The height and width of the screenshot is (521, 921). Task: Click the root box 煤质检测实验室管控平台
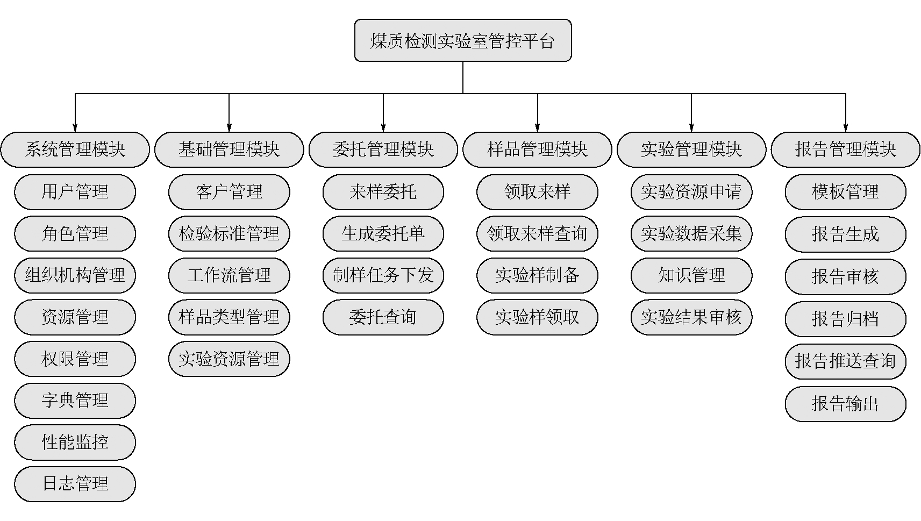click(463, 40)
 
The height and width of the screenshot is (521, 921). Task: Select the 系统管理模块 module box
click(75, 149)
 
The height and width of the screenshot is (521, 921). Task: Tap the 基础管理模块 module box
click(229, 149)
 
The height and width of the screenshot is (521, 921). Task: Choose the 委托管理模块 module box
click(383, 149)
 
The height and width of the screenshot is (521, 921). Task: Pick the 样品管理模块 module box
click(538, 149)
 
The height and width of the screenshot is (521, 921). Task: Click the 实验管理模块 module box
click(691, 149)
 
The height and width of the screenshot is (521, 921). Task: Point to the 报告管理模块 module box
click(845, 149)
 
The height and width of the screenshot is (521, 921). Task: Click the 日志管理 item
click(75, 484)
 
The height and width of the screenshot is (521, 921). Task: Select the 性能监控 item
click(75, 443)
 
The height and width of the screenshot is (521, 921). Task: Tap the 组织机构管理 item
click(75, 275)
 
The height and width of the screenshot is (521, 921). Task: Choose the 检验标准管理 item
click(229, 233)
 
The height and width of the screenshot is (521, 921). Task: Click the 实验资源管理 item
click(229, 359)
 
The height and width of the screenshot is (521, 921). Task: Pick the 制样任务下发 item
click(383, 275)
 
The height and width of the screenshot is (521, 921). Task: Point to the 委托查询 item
click(383, 317)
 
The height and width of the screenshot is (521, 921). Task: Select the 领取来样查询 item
click(538, 233)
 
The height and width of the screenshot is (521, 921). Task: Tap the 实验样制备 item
click(538, 275)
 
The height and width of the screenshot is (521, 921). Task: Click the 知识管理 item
click(691, 275)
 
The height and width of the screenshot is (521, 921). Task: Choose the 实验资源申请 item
click(691, 192)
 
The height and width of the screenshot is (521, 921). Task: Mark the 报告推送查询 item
click(845, 361)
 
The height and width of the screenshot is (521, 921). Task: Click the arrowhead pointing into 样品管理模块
click(538, 127)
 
